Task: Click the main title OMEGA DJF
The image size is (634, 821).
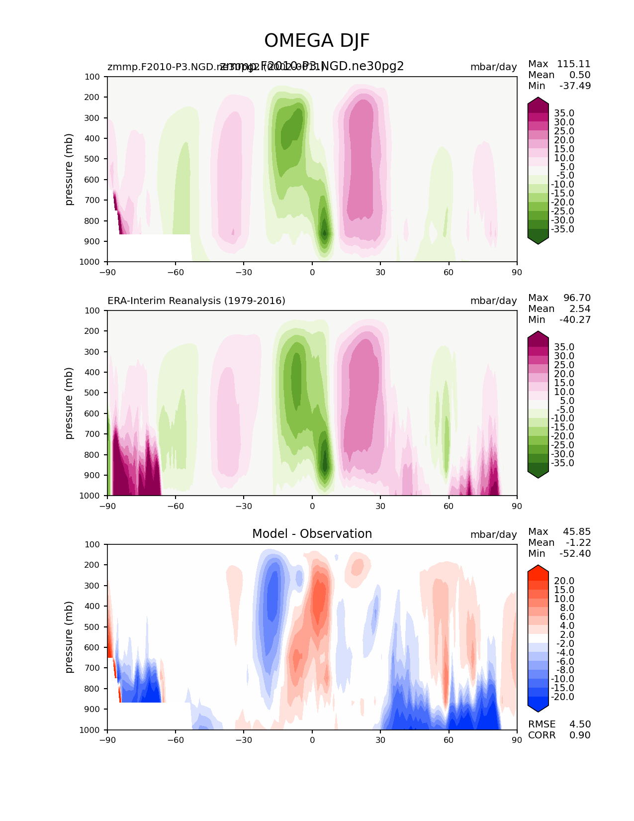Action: tap(317, 41)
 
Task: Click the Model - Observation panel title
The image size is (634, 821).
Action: tap(312, 534)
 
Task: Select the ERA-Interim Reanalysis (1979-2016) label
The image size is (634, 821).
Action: tap(196, 301)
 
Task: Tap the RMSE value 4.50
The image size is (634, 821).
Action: tap(580, 724)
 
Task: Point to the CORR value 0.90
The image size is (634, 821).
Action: tap(580, 735)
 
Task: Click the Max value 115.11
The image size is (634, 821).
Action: tap(573, 64)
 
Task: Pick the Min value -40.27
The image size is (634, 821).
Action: tap(575, 320)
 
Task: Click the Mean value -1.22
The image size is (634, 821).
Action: tap(578, 543)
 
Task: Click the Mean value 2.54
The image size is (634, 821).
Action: tap(580, 309)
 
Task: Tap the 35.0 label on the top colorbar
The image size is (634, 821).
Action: tap(564, 113)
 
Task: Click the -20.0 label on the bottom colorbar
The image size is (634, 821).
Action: tap(562, 697)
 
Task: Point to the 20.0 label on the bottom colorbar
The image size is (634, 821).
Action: tap(564, 581)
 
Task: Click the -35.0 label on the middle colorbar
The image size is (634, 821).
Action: tap(562, 463)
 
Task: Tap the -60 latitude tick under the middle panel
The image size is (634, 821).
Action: tap(176, 506)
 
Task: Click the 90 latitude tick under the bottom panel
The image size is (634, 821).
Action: tap(517, 740)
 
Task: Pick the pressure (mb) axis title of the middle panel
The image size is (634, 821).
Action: tap(69, 403)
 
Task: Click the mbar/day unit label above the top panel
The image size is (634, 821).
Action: tap(493, 67)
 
